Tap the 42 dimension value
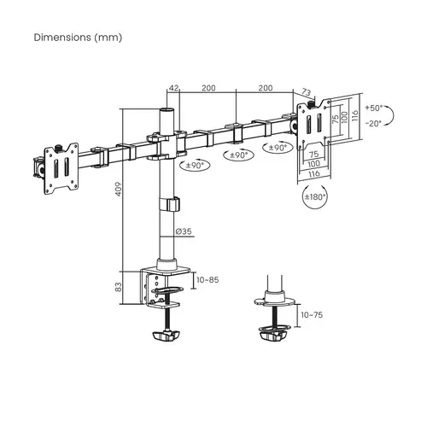tap(173, 88)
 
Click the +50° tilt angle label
tap(373, 109)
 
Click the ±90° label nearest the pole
tap(196, 166)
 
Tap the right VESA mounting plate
tap(312, 123)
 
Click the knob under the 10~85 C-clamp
tap(167, 337)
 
